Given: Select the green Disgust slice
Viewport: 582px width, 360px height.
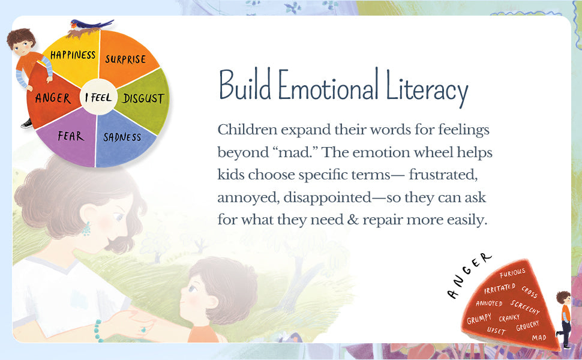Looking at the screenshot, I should click(143, 98).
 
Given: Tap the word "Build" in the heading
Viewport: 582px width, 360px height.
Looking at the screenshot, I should click(244, 88).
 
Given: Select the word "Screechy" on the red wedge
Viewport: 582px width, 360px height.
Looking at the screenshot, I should click(526, 307).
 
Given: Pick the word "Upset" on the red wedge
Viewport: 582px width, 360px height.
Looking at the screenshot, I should click(496, 330).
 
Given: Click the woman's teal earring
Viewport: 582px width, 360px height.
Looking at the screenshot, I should click(86, 229).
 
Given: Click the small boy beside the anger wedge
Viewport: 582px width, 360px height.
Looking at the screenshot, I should click(563, 317).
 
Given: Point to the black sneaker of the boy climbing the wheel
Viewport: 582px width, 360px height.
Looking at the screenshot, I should click(26, 124).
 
